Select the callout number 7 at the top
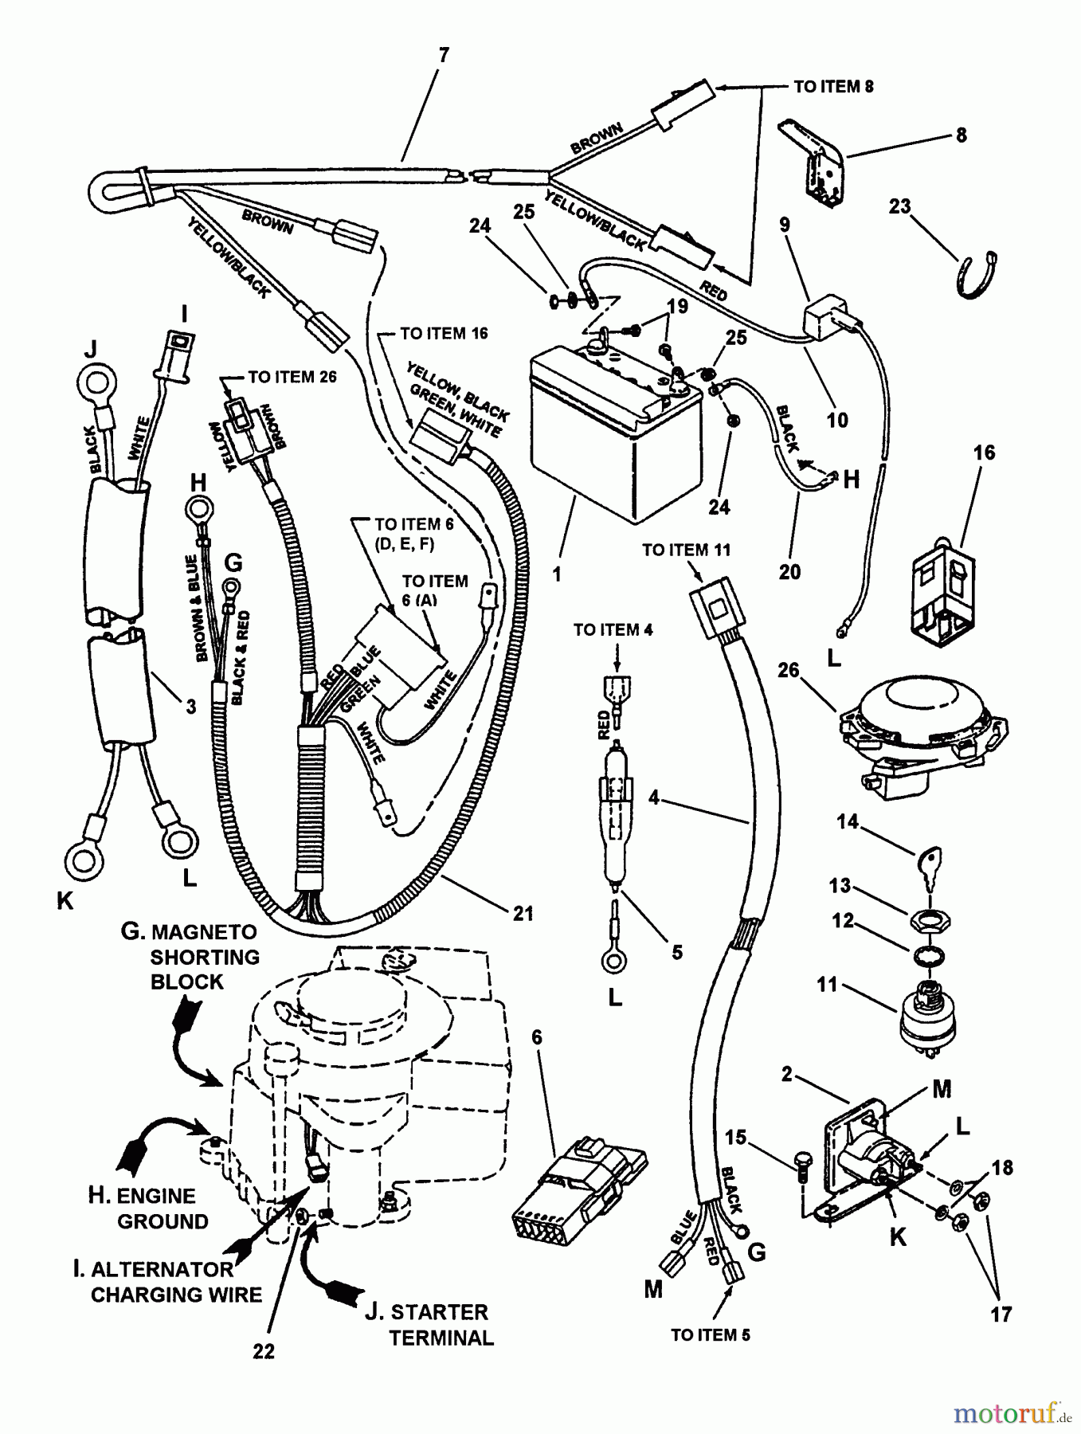444,55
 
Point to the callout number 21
523,913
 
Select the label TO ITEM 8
833,86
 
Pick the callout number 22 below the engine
264,1351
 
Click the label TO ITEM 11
686,550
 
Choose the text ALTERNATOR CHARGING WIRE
174,1282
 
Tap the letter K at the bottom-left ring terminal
65,901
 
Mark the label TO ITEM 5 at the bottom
711,1335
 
